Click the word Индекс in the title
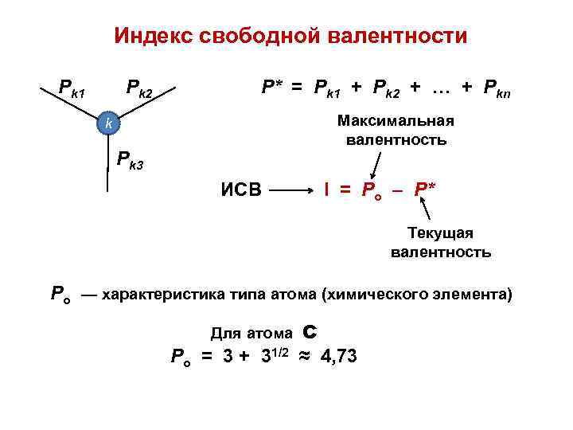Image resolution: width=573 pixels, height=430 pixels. (156, 36)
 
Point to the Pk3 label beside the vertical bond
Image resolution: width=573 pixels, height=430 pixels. (131, 159)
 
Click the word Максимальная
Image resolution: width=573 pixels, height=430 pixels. (396, 121)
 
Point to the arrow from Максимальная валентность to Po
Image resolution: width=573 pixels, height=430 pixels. (374, 166)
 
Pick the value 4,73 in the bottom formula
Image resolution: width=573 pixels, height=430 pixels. (339, 356)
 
